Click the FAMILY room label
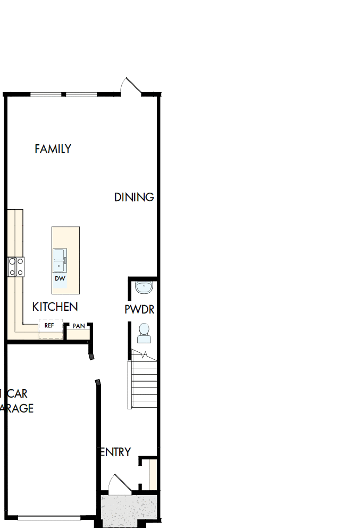[x=53, y=149]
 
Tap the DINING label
[x=134, y=197]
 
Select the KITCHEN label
[x=55, y=307]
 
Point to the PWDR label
[x=139, y=309]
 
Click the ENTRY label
[x=115, y=452]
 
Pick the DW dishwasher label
[x=60, y=278]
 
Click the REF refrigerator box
[x=50, y=327]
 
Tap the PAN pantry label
[x=79, y=326]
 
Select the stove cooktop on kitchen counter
[x=16, y=266]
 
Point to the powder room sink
[x=144, y=288]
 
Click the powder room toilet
[x=144, y=334]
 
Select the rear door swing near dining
[x=130, y=87]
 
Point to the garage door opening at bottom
[x=48, y=518]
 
